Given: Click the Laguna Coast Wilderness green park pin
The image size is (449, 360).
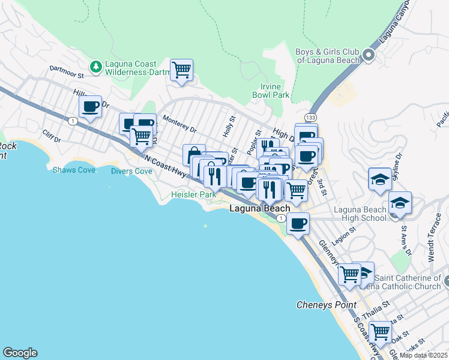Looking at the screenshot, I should click(95, 65).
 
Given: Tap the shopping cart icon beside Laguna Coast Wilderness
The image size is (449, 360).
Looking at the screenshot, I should click(181, 70).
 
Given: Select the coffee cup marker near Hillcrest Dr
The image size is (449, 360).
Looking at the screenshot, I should click(91, 107).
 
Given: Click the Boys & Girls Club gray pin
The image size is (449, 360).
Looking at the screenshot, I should click(369, 56).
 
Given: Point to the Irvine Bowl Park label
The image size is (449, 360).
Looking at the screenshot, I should click(271, 91).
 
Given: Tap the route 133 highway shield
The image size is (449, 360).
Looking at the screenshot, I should click(310, 116).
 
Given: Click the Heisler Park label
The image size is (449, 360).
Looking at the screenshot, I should click(193, 195).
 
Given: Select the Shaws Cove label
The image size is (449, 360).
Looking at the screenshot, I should click(74, 170).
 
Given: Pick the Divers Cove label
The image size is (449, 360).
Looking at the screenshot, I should click(131, 171).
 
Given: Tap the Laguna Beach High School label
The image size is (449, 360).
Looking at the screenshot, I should click(360, 214).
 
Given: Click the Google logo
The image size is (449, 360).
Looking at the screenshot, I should click(20, 353).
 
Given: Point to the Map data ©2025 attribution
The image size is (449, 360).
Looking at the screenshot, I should click(423, 355).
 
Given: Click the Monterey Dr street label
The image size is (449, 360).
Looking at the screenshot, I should click(179, 125).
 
